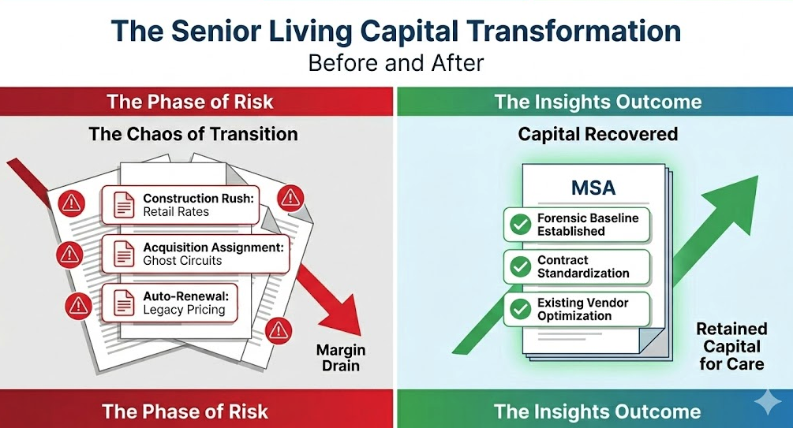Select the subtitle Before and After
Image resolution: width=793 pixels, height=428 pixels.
click(395, 62)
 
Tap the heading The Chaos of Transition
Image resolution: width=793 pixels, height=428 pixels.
click(193, 133)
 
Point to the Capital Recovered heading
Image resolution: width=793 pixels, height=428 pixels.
click(597, 134)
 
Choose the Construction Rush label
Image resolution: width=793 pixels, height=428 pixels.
click(198, 199)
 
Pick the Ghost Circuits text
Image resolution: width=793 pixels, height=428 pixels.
click(182, 260)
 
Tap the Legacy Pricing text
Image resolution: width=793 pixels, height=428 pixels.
click(184, 310)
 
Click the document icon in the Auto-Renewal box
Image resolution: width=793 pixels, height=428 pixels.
click(124, 303)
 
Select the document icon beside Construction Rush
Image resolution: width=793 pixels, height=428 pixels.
click(124, 205)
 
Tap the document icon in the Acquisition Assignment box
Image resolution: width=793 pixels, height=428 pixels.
click(124, 254)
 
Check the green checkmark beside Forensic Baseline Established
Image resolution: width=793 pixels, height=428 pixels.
click(520, 225)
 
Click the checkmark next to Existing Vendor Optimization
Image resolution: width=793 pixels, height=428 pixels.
click(520, 309)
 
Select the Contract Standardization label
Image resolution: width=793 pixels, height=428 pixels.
click(583, 266)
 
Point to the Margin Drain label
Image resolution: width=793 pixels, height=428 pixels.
click(341, 358)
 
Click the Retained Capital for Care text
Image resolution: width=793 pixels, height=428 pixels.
click(731, 346)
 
